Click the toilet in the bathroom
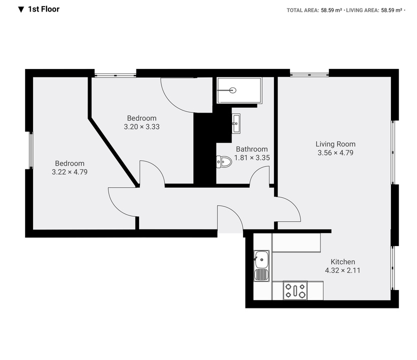pyautogui.click(x=223, y=161)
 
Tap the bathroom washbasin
pyautogui.click(x=236, y=123)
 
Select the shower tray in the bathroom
pyautogui.click(x=239, y=90)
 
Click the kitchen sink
pyautogui.click(x=261, y=265)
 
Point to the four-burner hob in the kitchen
pyautogui.click(x=295, y=290)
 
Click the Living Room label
pyautogui.click(x=335, y=144)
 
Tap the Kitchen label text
pyautogui.click(x=343, y=261)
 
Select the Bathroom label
pyautogui.click(x=252, y=149)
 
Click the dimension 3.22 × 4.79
pyautogui.click(x=69, y=172)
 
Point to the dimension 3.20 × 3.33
pyautogui.click(x=141, y=127)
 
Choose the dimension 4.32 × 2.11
pyautogui.click(x=342, y=270)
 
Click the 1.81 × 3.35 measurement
pyautogui.click(x=252, y=157)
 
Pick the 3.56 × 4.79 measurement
pyautogui.click(x=335, y=153)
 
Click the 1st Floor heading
pyautogui.click(x=44, y=9)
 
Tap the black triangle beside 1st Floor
pyautogui.click(x=21, y=10)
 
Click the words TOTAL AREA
pyautogui.click(x=302, y=10)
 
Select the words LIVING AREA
pyautogui.click(x=362, y=10)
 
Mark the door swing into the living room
pyautogui.click(x=294, y=205)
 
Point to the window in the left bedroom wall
pyautogui.click(x=31, y=150)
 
